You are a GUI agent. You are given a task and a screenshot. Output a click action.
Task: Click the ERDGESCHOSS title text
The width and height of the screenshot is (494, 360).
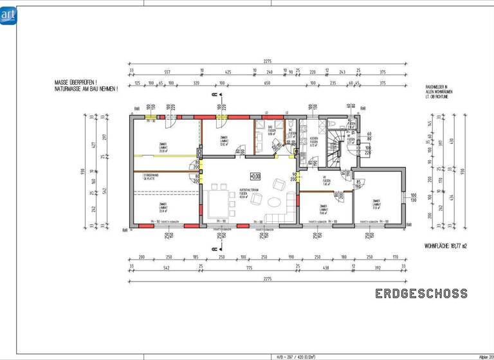coord(421,294)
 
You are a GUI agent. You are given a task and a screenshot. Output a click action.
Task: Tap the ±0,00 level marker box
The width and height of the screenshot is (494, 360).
coord(255,175)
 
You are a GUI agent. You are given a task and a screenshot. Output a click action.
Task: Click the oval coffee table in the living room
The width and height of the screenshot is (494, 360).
coord(274,202)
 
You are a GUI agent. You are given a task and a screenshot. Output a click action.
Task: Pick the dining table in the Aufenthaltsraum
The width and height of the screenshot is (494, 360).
coord(221,201)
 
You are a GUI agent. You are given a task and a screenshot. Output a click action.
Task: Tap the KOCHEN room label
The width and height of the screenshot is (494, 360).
coord(313,139)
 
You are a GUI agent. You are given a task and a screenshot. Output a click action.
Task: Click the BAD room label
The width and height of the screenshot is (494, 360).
coord(271,131)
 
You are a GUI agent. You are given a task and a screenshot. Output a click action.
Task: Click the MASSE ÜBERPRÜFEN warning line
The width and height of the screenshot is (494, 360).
coord(76,83)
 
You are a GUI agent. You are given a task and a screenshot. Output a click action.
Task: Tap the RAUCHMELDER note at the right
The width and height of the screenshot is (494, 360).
coord(438,91)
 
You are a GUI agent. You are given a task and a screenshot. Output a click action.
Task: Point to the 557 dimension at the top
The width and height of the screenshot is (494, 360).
coord(167,71)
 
